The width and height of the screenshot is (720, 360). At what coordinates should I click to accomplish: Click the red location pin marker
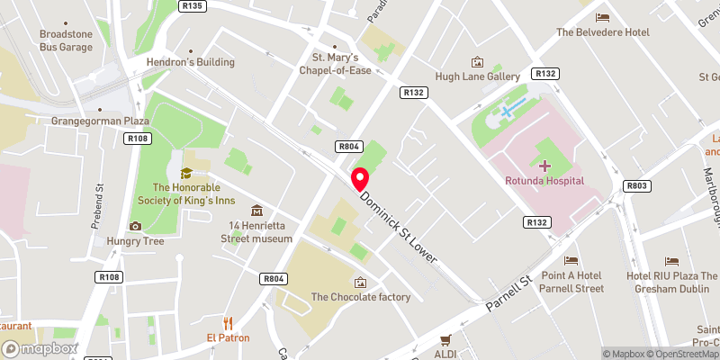360,177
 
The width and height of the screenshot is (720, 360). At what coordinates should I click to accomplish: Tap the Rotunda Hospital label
544,181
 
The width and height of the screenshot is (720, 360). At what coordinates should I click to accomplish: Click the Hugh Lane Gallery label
477,77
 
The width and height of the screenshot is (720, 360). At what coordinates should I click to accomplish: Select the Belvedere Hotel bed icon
602,16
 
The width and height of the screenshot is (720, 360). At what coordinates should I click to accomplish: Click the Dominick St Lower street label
398,227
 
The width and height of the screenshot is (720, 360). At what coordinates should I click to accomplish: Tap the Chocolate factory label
360,297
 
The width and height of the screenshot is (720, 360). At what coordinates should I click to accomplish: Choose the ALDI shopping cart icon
445,340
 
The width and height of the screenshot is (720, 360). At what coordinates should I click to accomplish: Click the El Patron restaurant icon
228,322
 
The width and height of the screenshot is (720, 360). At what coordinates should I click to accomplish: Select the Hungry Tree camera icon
135,226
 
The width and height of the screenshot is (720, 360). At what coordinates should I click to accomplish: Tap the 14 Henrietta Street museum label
256,232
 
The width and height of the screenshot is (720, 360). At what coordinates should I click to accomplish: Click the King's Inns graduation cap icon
186,173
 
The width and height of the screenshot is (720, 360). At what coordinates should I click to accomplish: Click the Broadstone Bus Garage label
65,40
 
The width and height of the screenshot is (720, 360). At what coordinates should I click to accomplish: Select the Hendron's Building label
190,62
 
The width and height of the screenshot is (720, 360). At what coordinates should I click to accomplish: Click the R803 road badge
636,185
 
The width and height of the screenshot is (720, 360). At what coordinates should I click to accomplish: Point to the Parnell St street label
509,293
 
